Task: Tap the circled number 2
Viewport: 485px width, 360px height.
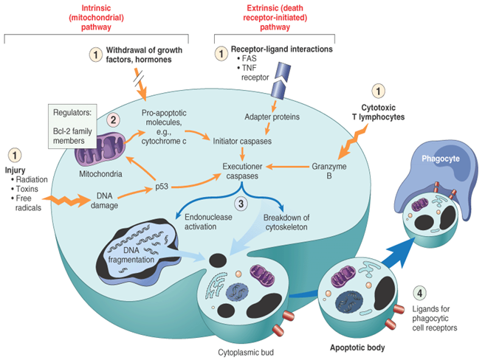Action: [113, 120]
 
